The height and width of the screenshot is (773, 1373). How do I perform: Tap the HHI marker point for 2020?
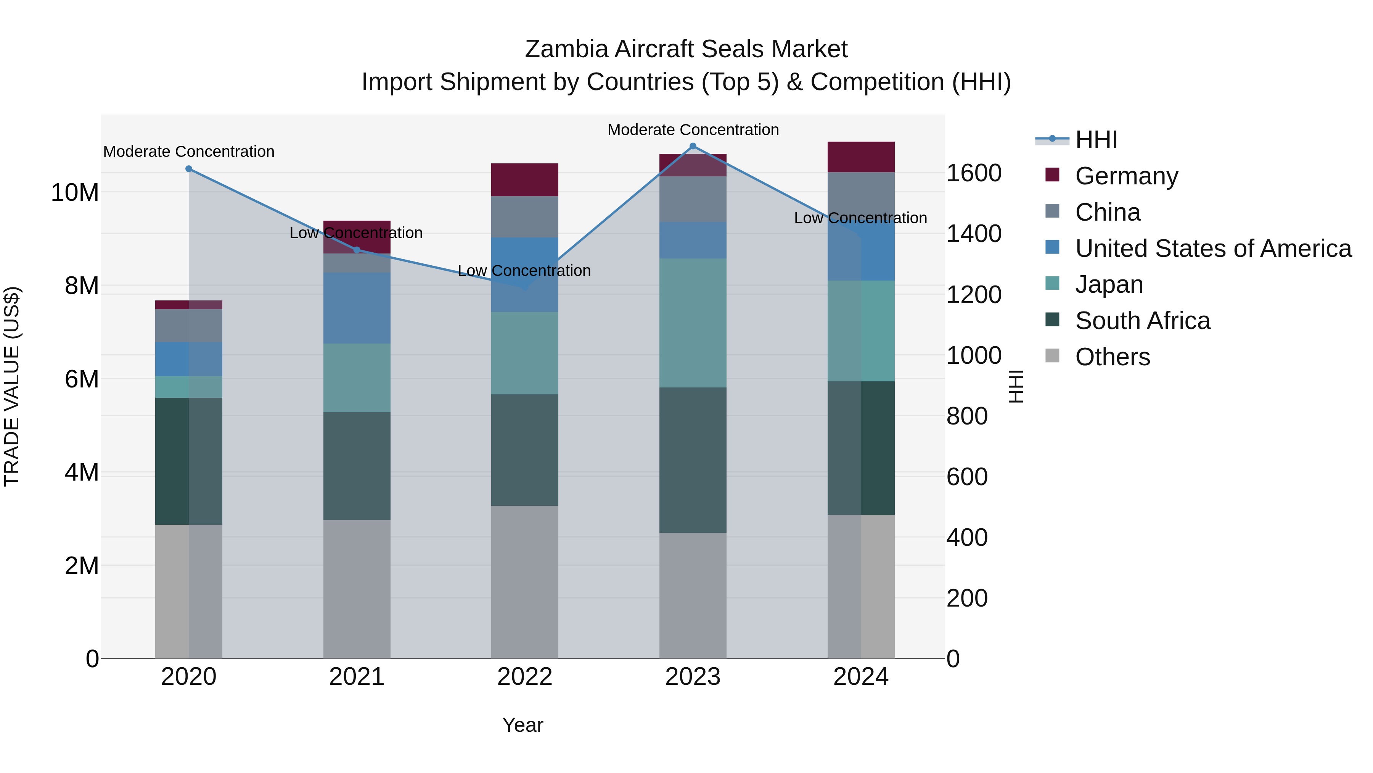pos(189,169)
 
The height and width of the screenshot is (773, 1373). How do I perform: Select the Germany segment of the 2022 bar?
pos(524,180)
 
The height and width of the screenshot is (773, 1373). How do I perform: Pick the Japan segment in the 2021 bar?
pos(357,378)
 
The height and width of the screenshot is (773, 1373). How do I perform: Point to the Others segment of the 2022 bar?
pos(524,581)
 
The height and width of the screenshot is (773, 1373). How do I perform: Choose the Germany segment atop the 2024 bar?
pos(860,157)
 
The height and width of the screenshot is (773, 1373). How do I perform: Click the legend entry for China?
pos(1108,212)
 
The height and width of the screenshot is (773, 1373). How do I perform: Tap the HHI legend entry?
pos(1096,140)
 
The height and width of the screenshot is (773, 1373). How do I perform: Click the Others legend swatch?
pos(1052,355)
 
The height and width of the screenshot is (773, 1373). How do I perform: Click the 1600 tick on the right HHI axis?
pos(974,173)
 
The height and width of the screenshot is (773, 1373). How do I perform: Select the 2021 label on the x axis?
pos(357,677)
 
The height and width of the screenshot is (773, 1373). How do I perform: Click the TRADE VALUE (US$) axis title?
pos(12,386)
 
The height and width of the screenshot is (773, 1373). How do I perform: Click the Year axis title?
pos(523,725)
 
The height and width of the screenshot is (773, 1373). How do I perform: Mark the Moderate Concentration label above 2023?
pos(693,130)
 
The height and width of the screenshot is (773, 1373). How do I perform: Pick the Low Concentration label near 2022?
pos(524,271)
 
